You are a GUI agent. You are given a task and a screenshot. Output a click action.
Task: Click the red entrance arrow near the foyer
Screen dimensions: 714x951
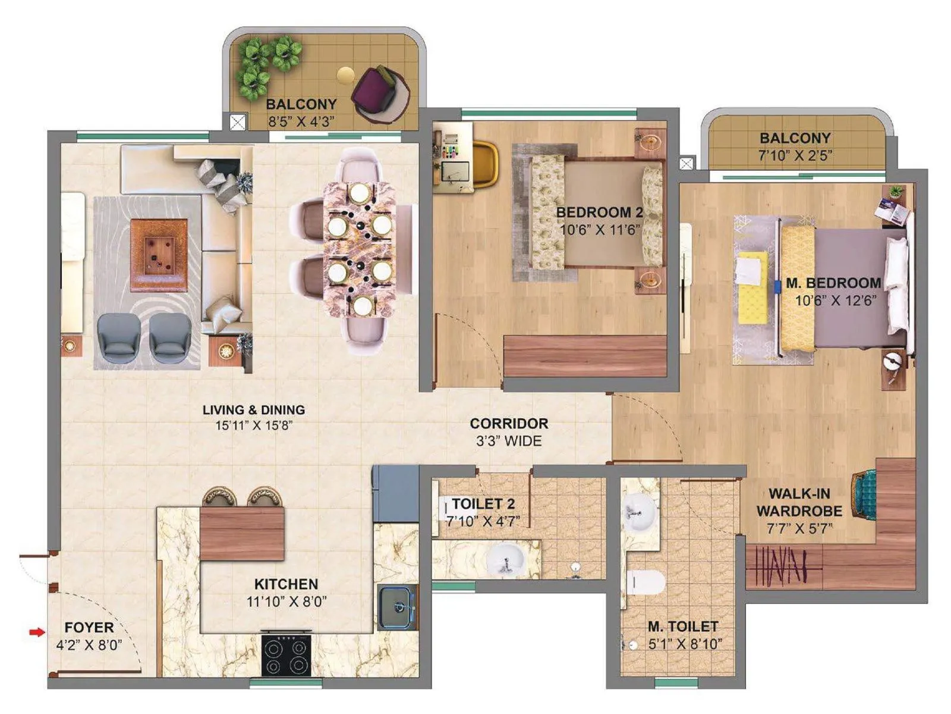(x=37, y=632)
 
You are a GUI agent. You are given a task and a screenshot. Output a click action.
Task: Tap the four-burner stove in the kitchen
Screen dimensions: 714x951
(x=286, y=654)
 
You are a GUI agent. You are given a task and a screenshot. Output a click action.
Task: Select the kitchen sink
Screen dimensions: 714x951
(x=396, y=607)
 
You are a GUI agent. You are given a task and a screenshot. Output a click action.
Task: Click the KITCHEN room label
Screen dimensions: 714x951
(x=286, y=584)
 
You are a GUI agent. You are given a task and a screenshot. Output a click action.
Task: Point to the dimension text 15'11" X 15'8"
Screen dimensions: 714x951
(x=254, y=425)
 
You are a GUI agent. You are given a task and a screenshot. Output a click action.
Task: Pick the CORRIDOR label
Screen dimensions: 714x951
(x=509, y=424)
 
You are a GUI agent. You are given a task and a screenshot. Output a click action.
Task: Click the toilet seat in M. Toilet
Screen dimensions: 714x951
(x=646, y=582)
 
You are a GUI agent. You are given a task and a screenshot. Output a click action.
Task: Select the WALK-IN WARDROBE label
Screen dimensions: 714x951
(x=799, y=502)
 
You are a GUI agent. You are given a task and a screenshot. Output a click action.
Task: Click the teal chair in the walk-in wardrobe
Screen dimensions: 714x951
(x=864, y=494)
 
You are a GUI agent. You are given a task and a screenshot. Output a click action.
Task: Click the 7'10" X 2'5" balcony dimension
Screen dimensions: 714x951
(x=795, y=155)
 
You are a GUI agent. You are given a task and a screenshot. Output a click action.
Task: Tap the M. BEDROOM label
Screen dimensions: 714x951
(x=833, y=283)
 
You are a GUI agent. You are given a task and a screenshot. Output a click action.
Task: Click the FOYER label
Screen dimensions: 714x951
(x=89, y=627)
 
